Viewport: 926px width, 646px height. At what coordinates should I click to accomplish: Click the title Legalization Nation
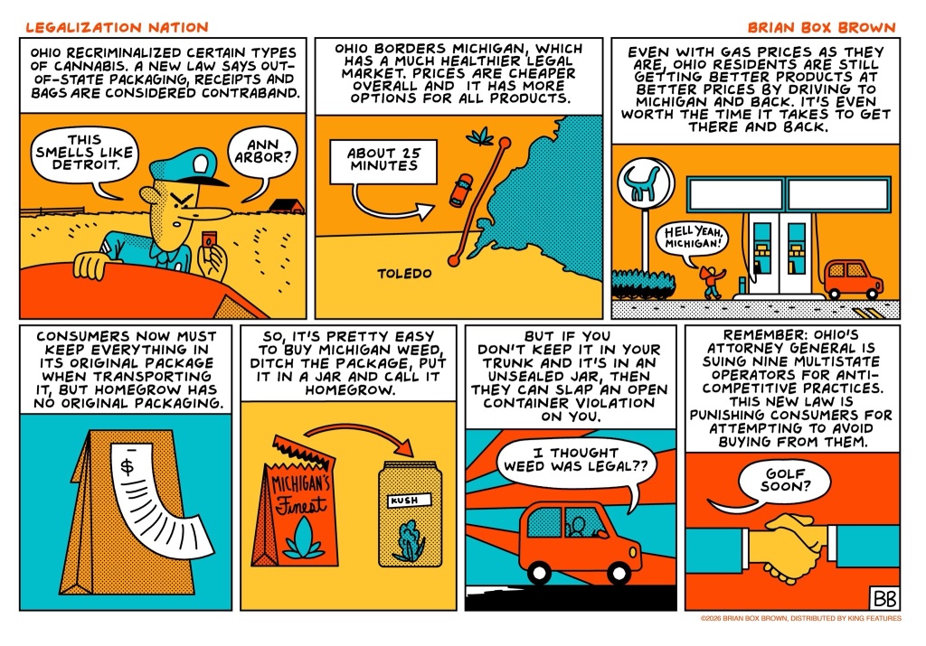[x=117, y=27]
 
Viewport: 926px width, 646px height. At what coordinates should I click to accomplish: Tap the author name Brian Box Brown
[x=821, y=27]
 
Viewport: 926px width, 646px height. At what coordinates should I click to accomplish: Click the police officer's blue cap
[x=186, y=165]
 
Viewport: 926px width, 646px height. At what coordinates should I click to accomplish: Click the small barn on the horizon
[x=287, y=206]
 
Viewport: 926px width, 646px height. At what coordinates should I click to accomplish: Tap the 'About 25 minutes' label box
[x=383, y=161]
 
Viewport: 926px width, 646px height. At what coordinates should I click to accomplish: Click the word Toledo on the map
[x=404, y=274]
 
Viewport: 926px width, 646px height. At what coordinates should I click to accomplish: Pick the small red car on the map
[x=460, y=190]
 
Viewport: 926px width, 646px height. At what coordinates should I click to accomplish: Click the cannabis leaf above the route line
[x=480, y=136]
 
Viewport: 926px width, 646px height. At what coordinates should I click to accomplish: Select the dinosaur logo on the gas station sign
[x=646, y=183]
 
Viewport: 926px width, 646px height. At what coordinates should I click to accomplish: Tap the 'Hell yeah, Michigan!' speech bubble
[x=692, y=239]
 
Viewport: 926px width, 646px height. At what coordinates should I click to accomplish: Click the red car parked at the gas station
[x=854, y=279]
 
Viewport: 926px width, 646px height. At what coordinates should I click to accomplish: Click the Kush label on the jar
[x=409, y=501]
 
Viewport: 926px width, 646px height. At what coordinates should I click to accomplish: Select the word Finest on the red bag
[x=301, y=506]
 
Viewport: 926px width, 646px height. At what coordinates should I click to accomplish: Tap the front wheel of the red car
[x=619, y=573]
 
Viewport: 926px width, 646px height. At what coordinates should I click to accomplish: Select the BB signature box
[x=884, y=598]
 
